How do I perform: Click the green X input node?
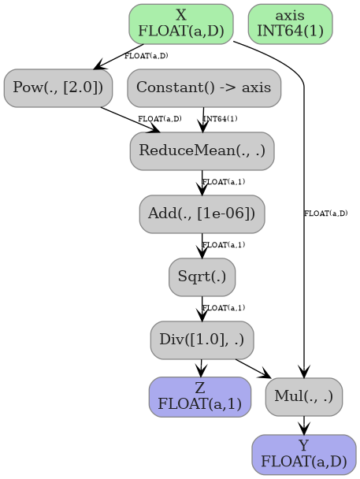180,24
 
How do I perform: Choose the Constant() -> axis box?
204,87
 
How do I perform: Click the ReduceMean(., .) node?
202,150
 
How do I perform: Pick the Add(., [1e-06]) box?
202,214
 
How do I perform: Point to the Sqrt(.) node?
202,277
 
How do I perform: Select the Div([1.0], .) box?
202,340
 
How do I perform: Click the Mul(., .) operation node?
304,396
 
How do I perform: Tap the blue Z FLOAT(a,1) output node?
200,396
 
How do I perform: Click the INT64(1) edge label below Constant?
221,119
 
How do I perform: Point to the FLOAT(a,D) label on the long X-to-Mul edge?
325,214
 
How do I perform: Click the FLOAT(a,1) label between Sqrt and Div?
223,308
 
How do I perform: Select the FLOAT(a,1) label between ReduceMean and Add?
223,182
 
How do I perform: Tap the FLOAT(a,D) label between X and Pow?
146,56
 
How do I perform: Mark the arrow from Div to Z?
202,367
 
